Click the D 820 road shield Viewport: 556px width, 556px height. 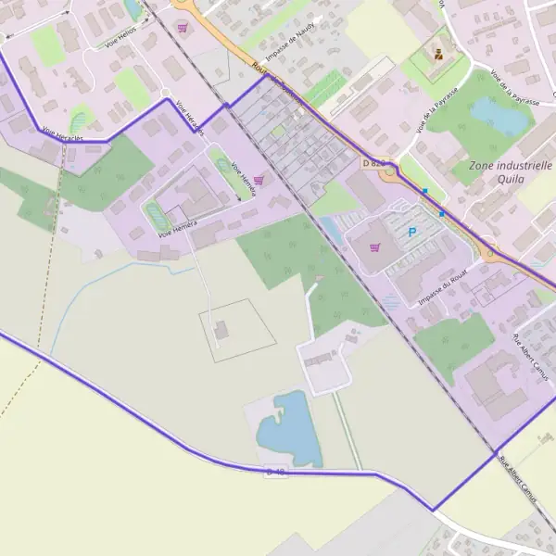point(373,163)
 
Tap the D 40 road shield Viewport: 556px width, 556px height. point(276,472)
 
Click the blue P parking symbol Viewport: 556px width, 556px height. point(412,232)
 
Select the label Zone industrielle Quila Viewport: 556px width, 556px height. point(511,172)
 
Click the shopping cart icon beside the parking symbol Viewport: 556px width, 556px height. point(374,247)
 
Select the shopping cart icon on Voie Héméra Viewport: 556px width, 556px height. point(259,180)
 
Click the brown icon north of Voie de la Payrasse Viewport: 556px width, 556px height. point(437,53)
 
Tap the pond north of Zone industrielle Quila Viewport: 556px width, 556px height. point(500,116)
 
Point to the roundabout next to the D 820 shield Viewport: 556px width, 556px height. point(390,170)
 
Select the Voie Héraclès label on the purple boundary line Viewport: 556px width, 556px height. point(63,134)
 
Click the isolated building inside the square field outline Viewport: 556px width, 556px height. point(221,329)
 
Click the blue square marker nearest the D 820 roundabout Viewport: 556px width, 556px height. point(424,191)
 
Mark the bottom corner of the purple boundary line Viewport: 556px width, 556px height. point(432,510)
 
